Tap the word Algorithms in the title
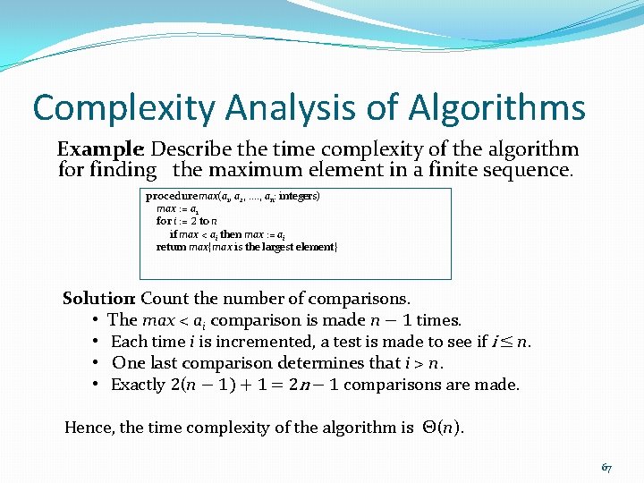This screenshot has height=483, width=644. point(498,109)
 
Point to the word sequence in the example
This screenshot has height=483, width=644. point(521,169)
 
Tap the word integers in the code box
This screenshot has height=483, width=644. point(298,195)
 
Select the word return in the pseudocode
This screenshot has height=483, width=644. point(171,246)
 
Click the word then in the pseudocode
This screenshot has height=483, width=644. point(231,233)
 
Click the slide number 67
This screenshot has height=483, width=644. point(606,467)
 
